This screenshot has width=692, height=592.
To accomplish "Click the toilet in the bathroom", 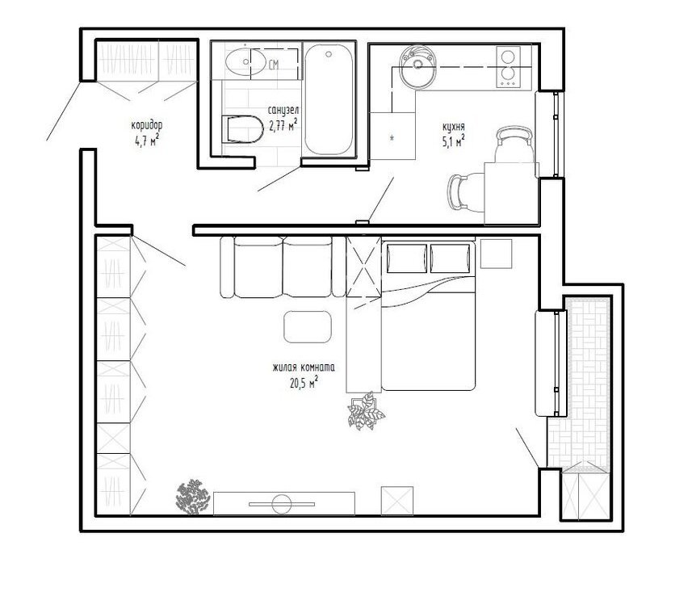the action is [241, 129].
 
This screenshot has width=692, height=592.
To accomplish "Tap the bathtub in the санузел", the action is [329, 99].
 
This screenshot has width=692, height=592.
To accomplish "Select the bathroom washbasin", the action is [245, 61].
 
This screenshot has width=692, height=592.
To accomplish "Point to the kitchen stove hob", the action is [508, 67].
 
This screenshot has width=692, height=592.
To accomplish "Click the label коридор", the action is [147, 125].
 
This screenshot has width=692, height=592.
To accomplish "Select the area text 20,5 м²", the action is [304, 383].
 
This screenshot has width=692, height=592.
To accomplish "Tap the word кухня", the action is [453, 127].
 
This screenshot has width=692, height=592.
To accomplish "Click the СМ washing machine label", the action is [274, 65].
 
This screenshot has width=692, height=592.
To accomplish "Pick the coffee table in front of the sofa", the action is [308, 326].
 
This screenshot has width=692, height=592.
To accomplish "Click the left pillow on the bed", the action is [406, 258].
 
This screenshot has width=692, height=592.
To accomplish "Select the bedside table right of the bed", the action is [496, 254].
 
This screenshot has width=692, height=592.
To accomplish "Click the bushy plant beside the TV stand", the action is [192, 497].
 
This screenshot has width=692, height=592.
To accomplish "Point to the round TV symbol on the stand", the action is [282, 504].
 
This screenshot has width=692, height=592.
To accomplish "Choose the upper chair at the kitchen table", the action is [514, 145].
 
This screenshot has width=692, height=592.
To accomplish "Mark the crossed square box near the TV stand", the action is [397, 501].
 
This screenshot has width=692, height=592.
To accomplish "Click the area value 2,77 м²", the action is [283, 126].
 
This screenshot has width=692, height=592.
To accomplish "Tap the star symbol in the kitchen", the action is [392, 138].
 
